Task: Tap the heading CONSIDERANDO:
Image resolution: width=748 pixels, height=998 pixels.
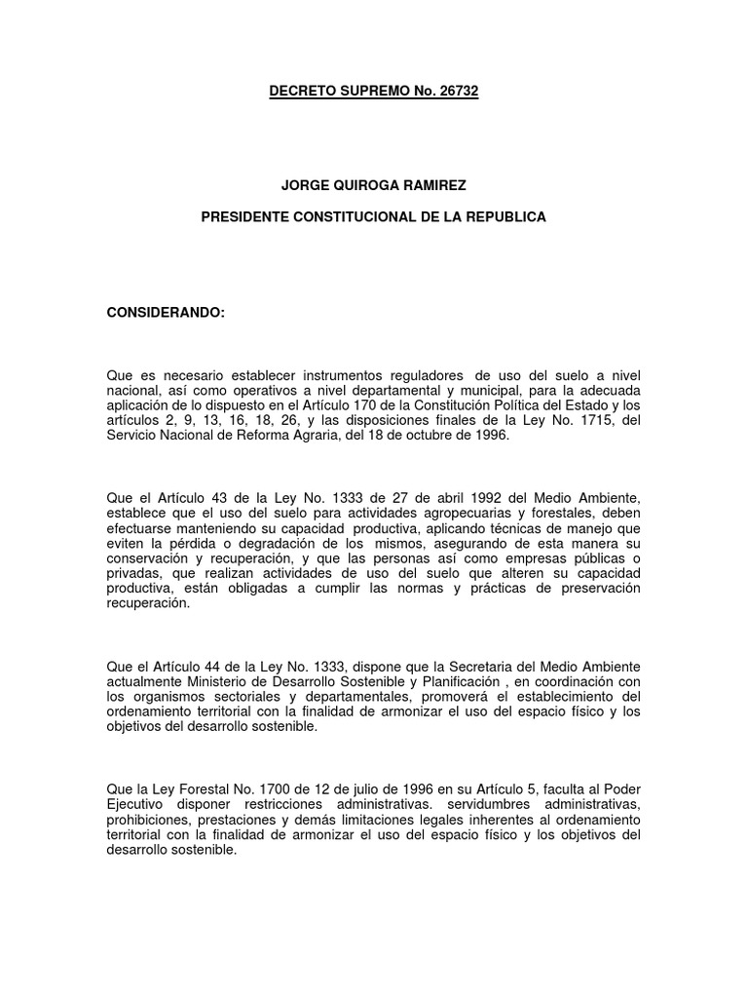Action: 165,312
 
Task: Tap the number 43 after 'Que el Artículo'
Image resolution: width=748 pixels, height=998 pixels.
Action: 209,500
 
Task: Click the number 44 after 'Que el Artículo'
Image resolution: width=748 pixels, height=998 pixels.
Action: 209,667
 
